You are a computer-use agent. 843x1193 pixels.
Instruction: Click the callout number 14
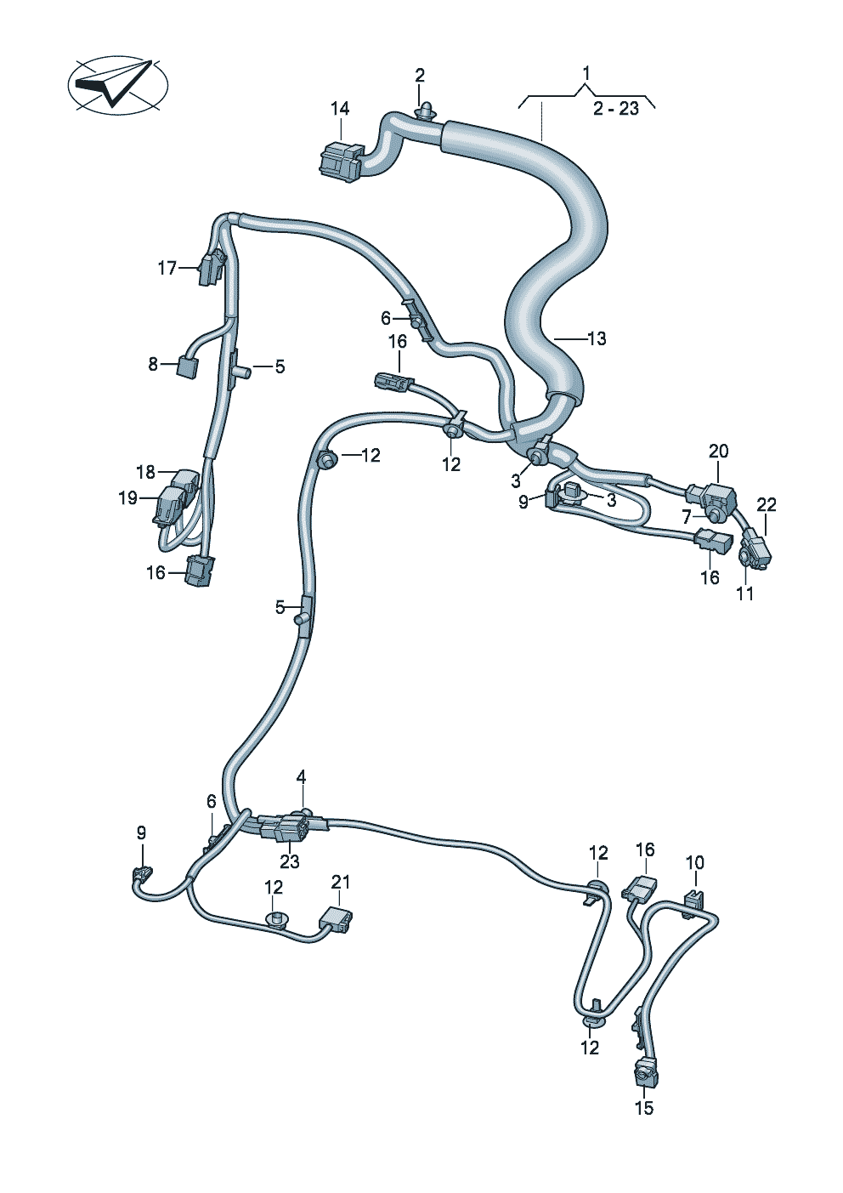[340, 109]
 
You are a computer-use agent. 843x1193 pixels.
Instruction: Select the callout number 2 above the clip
[420, 75]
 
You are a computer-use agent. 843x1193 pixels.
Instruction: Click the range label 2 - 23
[616, 109]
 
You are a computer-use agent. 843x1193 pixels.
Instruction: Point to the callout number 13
[597, 338]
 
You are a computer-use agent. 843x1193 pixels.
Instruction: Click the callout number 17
[167, 268]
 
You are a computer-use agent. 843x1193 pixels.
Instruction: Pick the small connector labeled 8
[187, 366]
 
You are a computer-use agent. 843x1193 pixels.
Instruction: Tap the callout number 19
[128, 498]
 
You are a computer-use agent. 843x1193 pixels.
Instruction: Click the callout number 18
[146, 472]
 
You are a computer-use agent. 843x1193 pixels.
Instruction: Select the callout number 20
[718, 452]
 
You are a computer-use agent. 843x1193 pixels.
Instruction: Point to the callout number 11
[745, 594]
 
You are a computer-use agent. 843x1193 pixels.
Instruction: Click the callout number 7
[687, 516]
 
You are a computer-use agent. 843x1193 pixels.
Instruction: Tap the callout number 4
[301, 777]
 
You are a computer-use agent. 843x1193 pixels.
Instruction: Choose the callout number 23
[290, 861]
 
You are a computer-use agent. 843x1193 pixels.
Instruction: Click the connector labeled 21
[336, 917]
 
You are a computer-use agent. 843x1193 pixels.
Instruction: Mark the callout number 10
[695, 861]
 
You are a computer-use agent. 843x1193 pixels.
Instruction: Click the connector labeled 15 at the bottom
[646, 1077]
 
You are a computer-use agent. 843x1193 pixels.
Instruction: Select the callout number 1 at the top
[586, 73]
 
